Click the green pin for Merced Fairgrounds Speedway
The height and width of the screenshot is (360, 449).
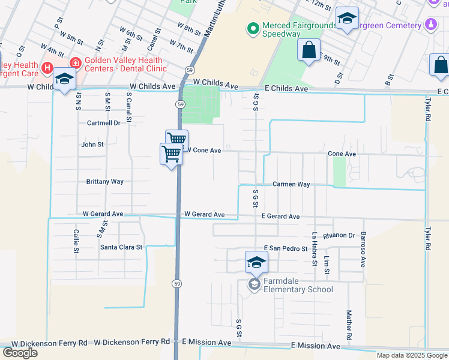[x=253, y=28]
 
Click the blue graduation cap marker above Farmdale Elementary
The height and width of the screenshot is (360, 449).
[x=256, y=263]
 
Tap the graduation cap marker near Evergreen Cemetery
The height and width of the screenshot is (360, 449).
[x=347, y=19]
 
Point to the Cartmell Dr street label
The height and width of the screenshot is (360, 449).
[x=103, y=122]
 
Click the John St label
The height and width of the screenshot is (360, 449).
[x=92, y=145]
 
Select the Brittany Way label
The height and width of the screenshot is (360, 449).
[x=104, y=181]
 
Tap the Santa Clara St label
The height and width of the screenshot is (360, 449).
[x=121, y=247]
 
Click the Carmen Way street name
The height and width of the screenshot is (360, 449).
[x=291, y=184]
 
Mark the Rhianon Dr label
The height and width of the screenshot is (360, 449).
[x=339, y=236]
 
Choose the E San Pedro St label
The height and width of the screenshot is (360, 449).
[x=286, y=248]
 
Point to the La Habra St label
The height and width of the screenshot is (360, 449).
[x=313, y=249]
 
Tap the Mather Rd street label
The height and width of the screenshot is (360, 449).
[x=348, y=324]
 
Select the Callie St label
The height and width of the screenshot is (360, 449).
[x=76, y=241]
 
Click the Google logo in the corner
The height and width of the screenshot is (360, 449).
[x=20, y=353]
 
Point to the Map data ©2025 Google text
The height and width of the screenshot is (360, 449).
[x=412, y=355]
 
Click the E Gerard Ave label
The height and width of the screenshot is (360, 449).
[x=280, y=217]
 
